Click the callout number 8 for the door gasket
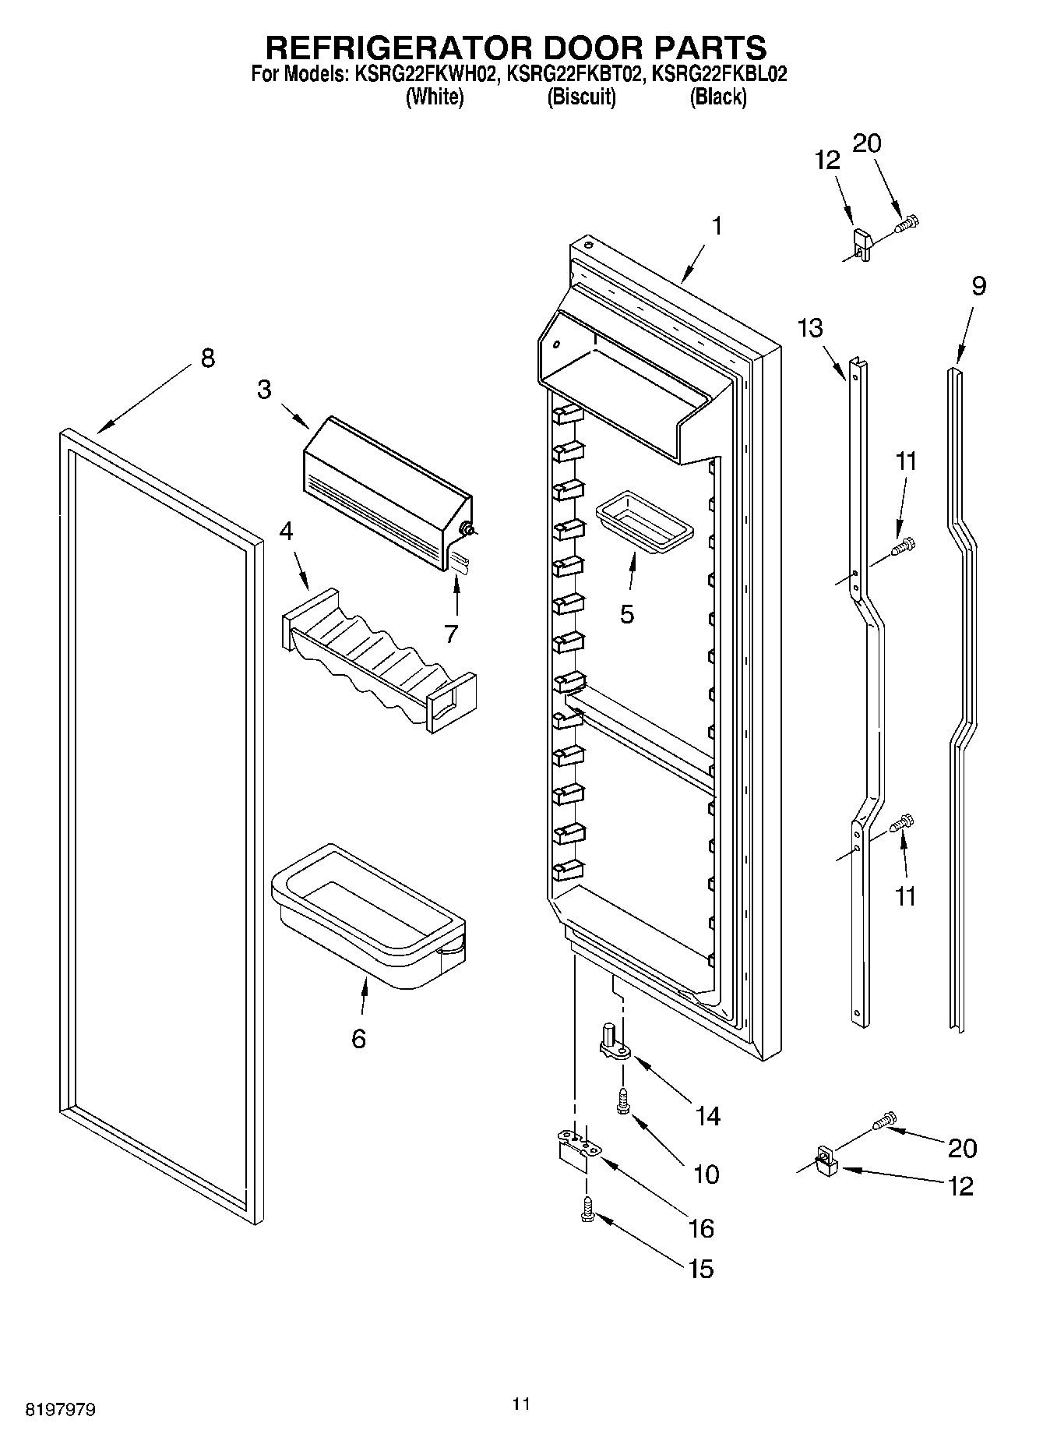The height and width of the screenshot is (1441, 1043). click(206, 359)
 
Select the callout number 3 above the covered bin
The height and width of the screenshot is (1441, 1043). click(264, 390)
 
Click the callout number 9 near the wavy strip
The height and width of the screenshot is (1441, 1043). click(978, 286)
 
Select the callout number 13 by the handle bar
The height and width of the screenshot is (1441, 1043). click(809, 328)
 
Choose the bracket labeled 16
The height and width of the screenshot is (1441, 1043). click(575, 1150)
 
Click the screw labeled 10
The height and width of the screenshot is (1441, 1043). click(622, 1101)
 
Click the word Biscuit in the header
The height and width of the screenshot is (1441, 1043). click(581, 97)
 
